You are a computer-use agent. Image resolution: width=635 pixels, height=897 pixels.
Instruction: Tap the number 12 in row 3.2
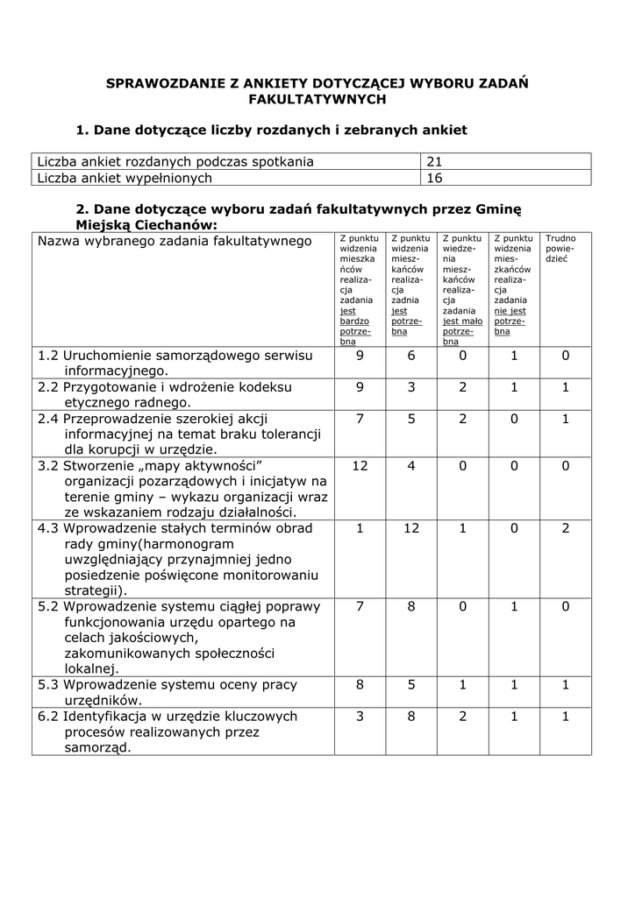[x=360, y=465]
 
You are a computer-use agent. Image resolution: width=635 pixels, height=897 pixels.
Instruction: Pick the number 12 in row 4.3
[x=411, y=528]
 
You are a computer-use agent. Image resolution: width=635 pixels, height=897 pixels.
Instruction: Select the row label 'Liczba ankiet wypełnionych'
[x=125, y=178]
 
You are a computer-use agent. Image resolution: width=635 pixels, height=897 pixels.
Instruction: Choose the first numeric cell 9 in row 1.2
[x=360, y=356]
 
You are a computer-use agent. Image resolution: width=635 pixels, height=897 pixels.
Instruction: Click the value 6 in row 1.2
[x=411, y=356]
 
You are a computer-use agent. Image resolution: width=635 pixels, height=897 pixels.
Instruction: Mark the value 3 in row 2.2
[x=411, y=387]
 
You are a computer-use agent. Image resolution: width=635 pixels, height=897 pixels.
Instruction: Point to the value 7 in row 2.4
[x=360, y=419]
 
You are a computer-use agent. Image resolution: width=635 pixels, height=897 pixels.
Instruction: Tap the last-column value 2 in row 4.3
[x=566, y=528]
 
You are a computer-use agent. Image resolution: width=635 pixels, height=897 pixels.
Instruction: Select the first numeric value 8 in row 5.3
[x=360, y=685]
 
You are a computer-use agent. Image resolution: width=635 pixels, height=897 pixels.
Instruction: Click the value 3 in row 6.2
[x=360, y=717]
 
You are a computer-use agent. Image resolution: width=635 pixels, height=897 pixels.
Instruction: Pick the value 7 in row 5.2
[x=360, y=606]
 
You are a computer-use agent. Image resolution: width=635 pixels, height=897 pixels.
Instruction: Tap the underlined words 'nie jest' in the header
[x=510, y=310]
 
